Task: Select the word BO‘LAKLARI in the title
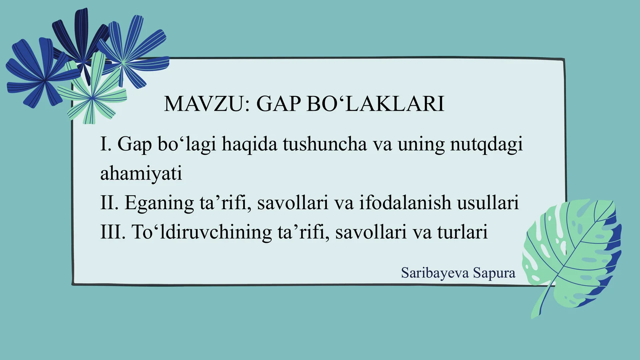376,104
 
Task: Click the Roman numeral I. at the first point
106,144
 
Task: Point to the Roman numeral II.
109,203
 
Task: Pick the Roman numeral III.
113,232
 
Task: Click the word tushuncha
324,144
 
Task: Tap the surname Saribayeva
435,273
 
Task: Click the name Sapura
494,273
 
